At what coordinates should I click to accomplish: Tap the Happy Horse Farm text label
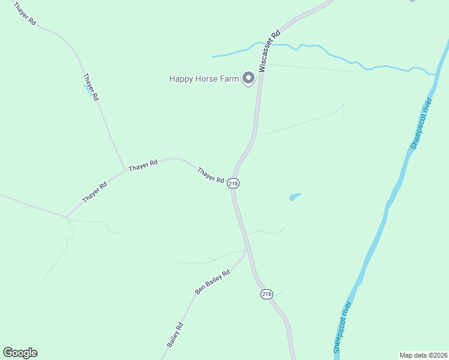204,79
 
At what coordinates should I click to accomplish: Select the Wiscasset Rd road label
270,52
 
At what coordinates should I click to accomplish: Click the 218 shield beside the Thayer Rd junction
234,184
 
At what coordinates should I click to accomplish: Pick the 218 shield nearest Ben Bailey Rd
267,294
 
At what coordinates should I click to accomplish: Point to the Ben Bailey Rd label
212,282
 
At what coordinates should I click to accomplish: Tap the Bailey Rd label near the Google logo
175,335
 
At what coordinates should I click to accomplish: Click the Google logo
20,353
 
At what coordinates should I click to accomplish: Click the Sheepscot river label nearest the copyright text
342,328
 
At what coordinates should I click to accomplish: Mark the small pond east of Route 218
295,196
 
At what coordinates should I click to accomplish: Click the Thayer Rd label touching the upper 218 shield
211,175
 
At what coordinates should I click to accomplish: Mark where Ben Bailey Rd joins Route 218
246,250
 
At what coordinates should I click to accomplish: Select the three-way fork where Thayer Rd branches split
125,170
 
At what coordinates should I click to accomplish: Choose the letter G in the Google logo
8,353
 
